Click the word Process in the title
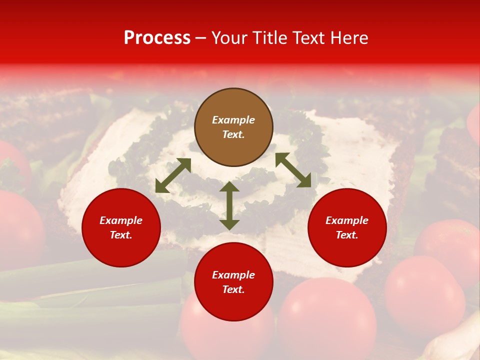157,38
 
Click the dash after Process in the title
200,38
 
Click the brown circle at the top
233,127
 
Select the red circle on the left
121,227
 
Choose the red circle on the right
347,227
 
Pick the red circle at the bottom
233,282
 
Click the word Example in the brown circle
233,120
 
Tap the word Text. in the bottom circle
233,289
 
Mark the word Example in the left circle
121,220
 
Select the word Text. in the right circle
347,235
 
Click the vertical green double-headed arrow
229,205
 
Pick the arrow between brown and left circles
173,175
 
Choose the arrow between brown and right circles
293,170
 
